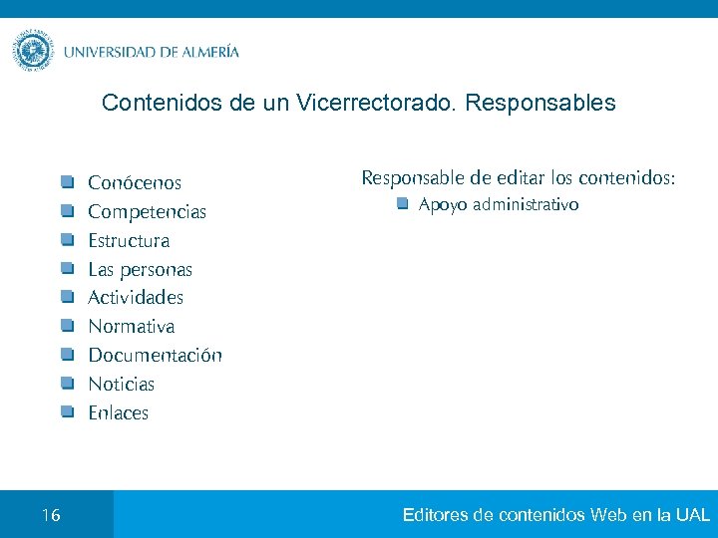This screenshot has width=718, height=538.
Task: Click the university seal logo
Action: (x=33, y=51)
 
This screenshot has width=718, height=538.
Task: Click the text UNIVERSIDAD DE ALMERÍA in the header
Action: (x=152, y=52)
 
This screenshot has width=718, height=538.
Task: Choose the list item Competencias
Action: (x=147, y=212)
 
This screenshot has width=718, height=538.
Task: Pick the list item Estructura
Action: (x=129, y=241)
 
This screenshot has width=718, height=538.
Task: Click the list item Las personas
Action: (x=140, y=270)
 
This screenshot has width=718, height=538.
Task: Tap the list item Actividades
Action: (x=136, y=298)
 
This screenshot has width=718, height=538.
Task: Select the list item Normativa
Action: (x=131, y=327)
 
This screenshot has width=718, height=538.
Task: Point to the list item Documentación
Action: (x=155, y=356)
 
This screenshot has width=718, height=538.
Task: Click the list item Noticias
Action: (x=121, y=385)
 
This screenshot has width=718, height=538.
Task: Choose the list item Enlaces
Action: (x=118, y=413)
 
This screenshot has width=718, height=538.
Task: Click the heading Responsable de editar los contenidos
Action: (x=518, y=178)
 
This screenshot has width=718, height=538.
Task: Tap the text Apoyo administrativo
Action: (x=498, y=205)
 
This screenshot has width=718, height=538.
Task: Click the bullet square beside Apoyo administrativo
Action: (x=401, y=204)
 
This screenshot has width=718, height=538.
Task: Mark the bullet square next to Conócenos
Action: (x=67, y=182)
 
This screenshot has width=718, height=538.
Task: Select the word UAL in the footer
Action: (x=692, y=515)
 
